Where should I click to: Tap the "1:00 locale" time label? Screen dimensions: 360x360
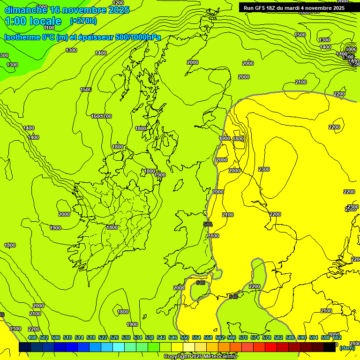33,21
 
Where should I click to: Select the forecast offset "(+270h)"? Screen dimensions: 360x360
83,21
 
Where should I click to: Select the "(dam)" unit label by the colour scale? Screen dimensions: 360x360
347,348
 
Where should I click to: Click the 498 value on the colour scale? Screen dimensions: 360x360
32,337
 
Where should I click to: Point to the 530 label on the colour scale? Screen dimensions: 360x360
126,337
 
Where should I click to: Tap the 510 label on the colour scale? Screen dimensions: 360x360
67,337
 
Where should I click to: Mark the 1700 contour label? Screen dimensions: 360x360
106,116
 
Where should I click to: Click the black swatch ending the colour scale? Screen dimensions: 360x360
330,347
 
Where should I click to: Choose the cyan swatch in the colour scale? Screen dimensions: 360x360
119,347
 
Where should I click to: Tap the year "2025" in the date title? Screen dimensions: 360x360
119,10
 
